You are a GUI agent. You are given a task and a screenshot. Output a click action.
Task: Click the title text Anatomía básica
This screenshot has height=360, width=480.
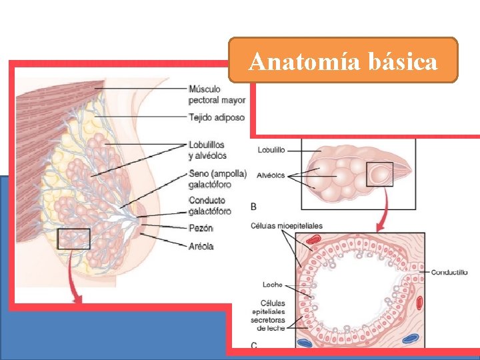pyautogui.click(x=343, y=61)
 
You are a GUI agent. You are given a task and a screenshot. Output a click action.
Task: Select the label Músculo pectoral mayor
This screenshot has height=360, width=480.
pyautogui.click(x=217, y=94)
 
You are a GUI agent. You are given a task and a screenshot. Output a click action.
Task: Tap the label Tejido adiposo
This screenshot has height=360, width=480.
pyautogui.click(x=216, y=117)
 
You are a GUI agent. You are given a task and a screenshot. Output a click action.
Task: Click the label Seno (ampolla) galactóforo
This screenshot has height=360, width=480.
pyautogui.click(x=217, y=179)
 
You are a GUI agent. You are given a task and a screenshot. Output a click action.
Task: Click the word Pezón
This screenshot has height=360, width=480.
pyautogui.click(x=201, y=228)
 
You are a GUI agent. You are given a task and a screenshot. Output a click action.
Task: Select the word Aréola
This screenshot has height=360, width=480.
pyautogui.click(x=201, y=246)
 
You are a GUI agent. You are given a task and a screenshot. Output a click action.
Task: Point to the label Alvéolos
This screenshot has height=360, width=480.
pyautogui.click(x=269, y=175)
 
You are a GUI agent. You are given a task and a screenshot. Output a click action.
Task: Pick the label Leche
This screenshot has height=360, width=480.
pyautogui.click(x=272, y=285)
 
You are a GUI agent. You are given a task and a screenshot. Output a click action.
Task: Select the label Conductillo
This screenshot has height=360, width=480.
pyautogui.click(x=449, y=272)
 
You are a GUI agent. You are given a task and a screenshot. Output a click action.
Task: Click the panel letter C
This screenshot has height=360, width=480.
pyautogui.click(x=254, y=345)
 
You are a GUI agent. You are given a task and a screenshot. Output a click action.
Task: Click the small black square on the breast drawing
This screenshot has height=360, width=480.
pyautogui.click(x=73, y=239)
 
